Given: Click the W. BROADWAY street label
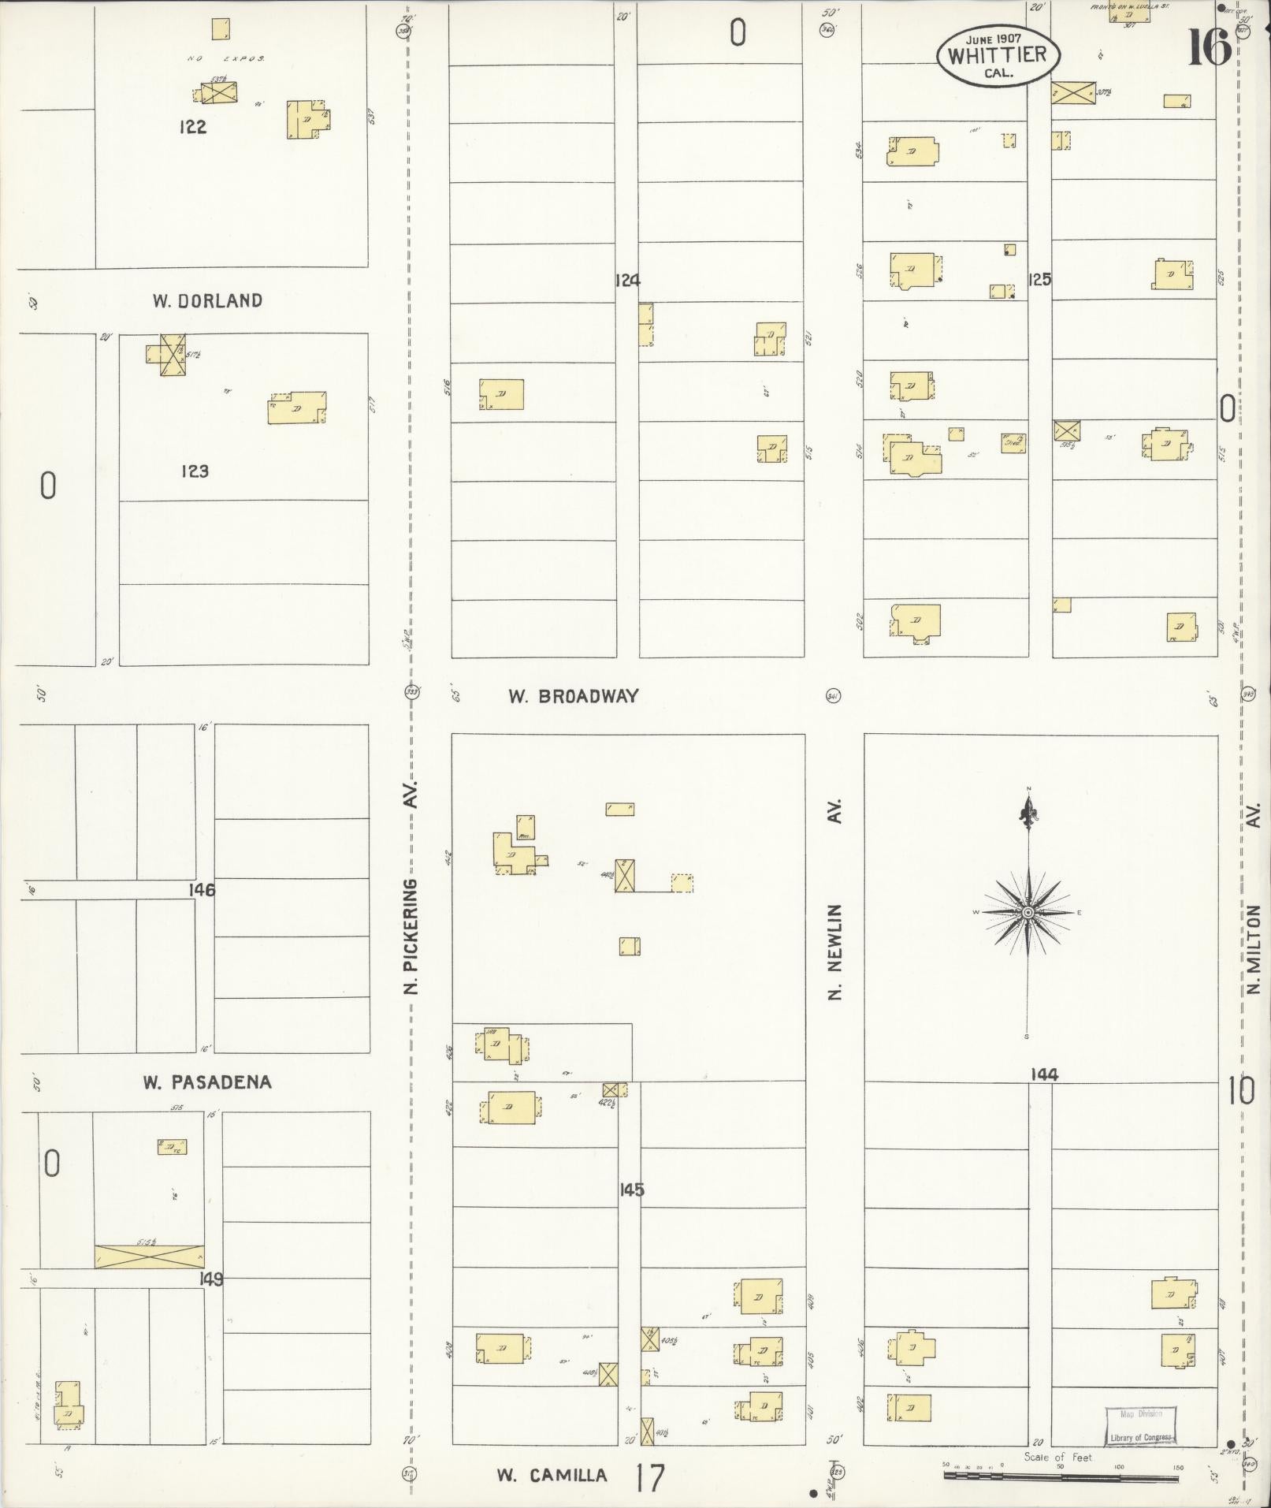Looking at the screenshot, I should [573, 696].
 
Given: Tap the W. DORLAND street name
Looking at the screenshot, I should [207, 300].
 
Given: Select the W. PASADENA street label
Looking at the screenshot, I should [207, 1082].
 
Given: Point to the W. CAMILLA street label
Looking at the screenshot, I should [552, 1475].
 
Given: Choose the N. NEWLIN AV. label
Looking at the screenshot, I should [835, 899].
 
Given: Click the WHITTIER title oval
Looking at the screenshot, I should [998, 54].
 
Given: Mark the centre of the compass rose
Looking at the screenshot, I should [1028, 913].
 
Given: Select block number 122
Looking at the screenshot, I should [192, 127].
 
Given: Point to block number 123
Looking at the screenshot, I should [195, 471].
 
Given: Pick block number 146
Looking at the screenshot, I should [202, 889].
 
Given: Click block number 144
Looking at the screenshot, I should [1044, 1074].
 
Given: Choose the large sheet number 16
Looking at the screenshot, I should [1209, 47].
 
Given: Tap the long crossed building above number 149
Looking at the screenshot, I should [149, 1256].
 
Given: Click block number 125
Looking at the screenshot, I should [1040, 279].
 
